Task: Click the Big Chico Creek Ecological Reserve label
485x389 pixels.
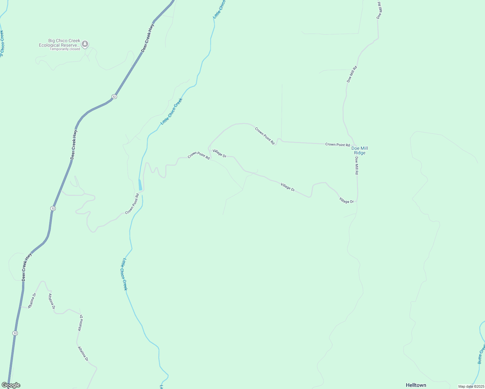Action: (60, 43)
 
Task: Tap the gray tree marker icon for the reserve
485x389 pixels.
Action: (85, 44)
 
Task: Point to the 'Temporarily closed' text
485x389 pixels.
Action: (65, 49)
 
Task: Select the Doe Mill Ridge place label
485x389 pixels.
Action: (360, 150)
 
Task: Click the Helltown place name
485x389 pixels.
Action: (416, 385)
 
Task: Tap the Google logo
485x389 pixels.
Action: (11, 385)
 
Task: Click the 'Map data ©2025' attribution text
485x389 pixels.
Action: (471, 386)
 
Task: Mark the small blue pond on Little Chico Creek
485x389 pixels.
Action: (140, 185)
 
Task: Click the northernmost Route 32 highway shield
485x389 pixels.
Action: (114, 97)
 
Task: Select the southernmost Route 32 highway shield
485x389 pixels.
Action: (15, 333)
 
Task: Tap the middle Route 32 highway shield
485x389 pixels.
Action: (53, 208)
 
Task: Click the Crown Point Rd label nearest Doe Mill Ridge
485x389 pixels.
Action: (337, 145)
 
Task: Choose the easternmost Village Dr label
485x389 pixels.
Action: (346, 200)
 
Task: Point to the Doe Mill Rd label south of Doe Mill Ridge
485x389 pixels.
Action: (356, 166)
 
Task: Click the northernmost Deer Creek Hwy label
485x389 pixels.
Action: (148, 38)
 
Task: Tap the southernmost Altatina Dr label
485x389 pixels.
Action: (83, 354)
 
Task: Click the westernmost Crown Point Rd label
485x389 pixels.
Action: (132, 204)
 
